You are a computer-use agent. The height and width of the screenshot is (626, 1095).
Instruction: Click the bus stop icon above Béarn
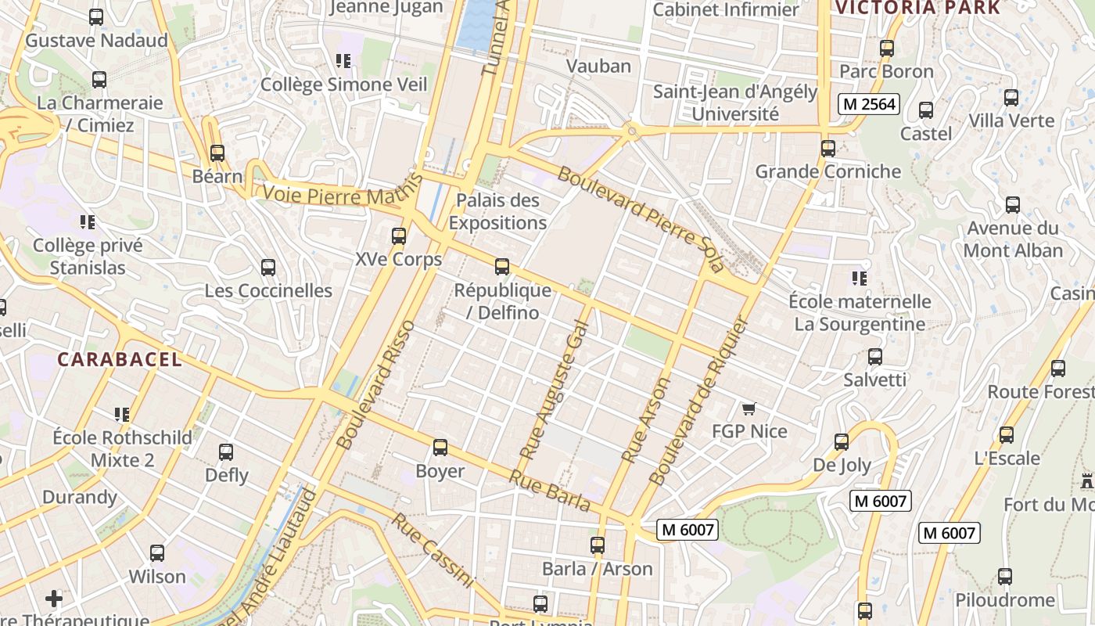(217, 153)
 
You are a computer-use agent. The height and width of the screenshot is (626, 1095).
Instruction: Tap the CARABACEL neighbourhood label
(120, 360)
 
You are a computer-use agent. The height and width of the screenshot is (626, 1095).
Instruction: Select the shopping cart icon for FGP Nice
(749, 408)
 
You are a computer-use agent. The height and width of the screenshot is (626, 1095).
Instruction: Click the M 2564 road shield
(869, 104)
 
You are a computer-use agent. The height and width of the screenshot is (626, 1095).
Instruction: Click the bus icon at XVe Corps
(399, 236)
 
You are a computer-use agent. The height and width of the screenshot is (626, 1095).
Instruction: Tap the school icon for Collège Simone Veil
(343, 60)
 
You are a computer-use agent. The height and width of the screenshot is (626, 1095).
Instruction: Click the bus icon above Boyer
(440, 448)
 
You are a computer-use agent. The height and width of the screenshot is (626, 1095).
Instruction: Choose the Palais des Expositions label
(497, 211)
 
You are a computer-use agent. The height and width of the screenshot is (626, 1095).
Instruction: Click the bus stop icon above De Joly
(842, 442)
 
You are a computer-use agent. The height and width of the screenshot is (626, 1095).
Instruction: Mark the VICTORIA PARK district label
(917, 8)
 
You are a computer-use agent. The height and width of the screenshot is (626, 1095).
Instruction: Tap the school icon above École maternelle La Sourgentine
(860, 278)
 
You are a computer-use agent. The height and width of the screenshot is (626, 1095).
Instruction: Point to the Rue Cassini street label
(433, 551)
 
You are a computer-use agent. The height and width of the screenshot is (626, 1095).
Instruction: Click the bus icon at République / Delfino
(502, 267)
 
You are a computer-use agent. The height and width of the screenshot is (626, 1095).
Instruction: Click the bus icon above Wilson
(157, 553)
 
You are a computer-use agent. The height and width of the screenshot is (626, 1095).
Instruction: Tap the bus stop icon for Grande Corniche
(828, 148)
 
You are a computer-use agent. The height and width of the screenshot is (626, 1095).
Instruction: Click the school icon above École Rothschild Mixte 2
(121, 414)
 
